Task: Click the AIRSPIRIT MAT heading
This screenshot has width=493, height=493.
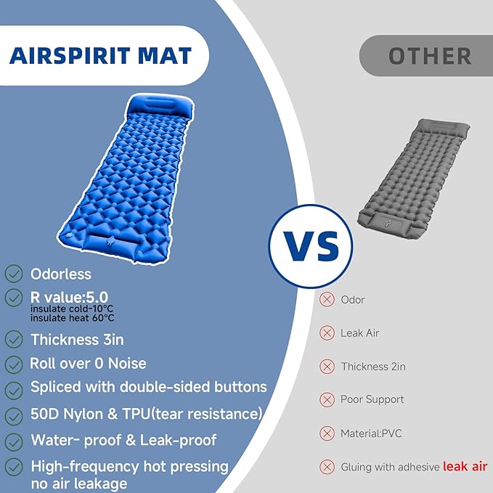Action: point(101,56)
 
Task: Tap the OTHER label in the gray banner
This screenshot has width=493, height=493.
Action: point(429,56)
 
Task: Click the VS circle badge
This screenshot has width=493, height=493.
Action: point(311,247)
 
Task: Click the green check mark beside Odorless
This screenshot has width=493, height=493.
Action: point(14,274)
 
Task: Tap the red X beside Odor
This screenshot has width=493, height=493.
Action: point(327,300)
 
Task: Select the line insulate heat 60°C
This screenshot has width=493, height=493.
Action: point(72,318)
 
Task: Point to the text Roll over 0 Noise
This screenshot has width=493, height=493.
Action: point(88,364)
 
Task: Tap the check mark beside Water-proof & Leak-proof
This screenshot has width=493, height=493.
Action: point(14,441)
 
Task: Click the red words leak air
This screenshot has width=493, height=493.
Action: point(465,467)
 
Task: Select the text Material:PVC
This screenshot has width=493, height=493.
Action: point(371,433)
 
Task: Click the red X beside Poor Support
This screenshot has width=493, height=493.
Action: point(327,400)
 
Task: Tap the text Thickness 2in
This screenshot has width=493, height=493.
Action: point(373,367)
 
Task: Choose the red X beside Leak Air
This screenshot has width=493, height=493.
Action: point(327,333)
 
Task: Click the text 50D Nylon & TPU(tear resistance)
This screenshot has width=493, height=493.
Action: point(146,415)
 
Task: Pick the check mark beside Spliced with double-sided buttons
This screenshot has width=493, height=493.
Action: point(14,389)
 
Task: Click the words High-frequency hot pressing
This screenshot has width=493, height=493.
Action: point(129,466)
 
